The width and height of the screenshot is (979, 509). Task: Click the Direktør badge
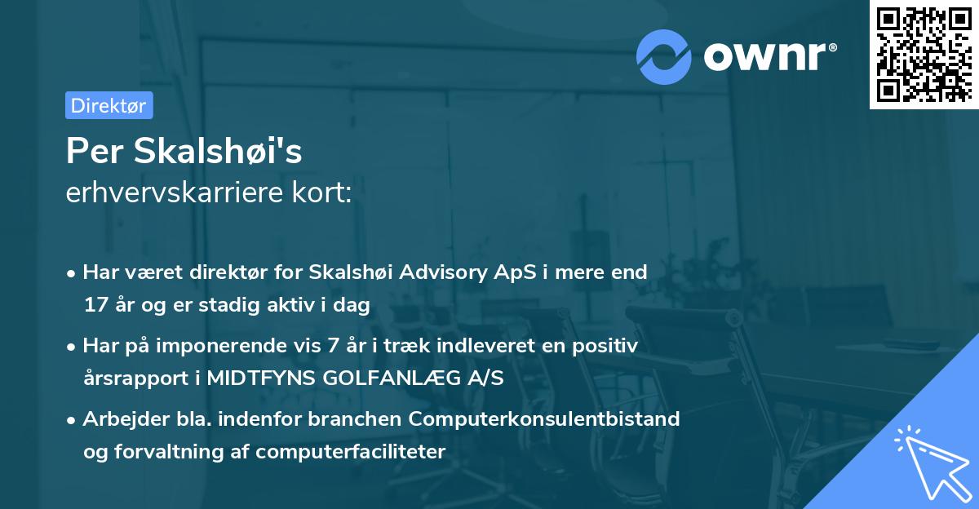109,105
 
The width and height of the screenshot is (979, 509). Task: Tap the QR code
924,54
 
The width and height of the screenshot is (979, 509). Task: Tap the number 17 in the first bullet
95,306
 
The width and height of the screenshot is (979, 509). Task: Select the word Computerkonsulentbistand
544,419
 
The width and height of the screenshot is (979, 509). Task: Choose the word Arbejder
120,419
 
